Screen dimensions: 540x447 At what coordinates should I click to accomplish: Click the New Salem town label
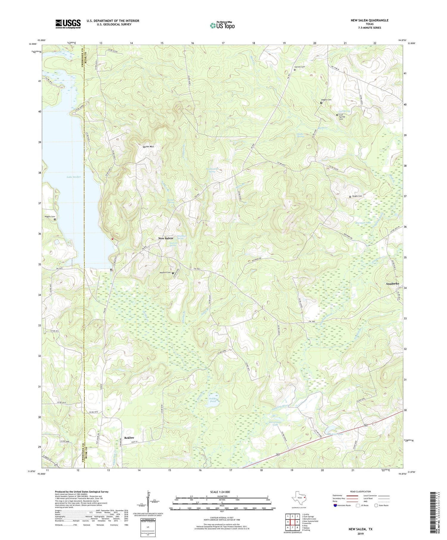pyautogui.click(x=165, y=238)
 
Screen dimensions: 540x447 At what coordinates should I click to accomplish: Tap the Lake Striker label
pyautogui.click(x=74, y=177)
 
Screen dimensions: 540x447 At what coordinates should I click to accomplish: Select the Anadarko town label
pyautogui.click(x=392, y=284)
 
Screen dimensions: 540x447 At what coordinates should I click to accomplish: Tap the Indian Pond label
pyautogui.click(x=213, y=400)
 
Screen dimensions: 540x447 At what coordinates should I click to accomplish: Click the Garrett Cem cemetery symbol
pyautogui.click(x=295, y=70)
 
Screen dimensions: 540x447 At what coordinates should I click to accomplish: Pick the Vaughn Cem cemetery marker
pyautogui.click(x=350, y=197)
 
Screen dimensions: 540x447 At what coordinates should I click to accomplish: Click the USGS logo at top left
pyautogui.click(x=68, y=24)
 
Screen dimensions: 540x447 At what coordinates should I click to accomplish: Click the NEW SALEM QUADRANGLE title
pyautogui.click(x=370, y=20)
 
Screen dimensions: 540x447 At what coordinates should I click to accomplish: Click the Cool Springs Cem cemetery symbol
pyautogui.click(x=337, y=115)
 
